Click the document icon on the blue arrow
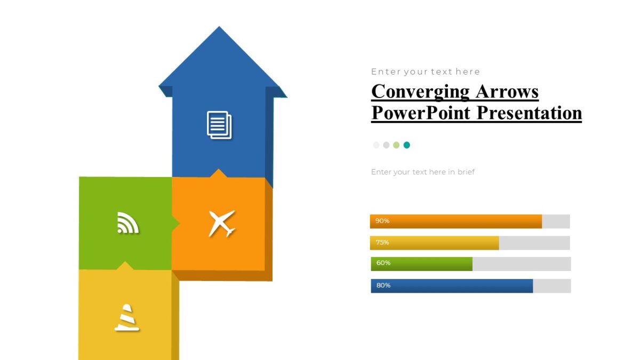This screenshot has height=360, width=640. point(219,125)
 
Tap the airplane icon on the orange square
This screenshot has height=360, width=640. point(221,223)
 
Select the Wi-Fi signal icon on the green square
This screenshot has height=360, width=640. point(127,222)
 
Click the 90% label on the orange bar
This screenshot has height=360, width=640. point(382,221)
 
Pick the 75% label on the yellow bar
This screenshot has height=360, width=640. point(382,242)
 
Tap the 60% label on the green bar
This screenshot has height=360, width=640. point(383,263)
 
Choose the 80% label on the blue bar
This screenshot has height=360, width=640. point(383,285)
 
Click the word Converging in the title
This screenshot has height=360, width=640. point(420,91)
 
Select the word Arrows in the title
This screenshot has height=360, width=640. point(507,91)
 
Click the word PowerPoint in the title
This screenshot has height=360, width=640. point(421,113)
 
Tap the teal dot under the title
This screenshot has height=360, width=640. point(406,145)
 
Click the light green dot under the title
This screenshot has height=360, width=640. point(396,145)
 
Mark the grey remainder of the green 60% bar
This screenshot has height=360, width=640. point(521,264)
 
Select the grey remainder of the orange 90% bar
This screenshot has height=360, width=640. point(556,221)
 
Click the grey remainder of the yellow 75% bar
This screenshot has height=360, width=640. point(534,243)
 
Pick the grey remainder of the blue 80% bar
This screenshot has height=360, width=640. point(551,286)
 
